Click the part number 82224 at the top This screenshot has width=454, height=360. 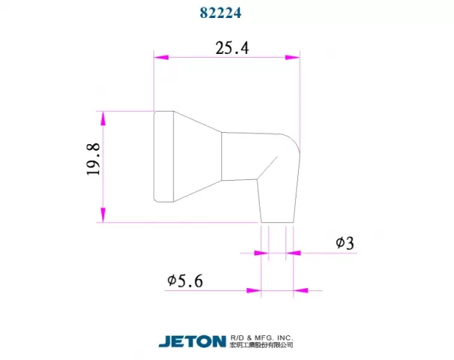click(x=221, y=13)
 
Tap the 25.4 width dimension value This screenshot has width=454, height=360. click(x=232, y=48)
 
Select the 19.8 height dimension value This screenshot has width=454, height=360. click(x=93, y=159)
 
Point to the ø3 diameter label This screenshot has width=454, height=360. click(x=345, y=243)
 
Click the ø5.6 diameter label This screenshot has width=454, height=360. click(x=185, y=280)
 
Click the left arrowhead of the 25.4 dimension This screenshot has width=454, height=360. click(x=161, y=57)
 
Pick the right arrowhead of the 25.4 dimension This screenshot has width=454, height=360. click(x=292, y=57)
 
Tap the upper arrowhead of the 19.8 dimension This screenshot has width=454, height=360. click(x=103, y=118)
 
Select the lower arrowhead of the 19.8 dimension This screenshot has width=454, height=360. click(x=103, y=215)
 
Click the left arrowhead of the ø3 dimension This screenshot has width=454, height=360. click(x=261, y=253)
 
